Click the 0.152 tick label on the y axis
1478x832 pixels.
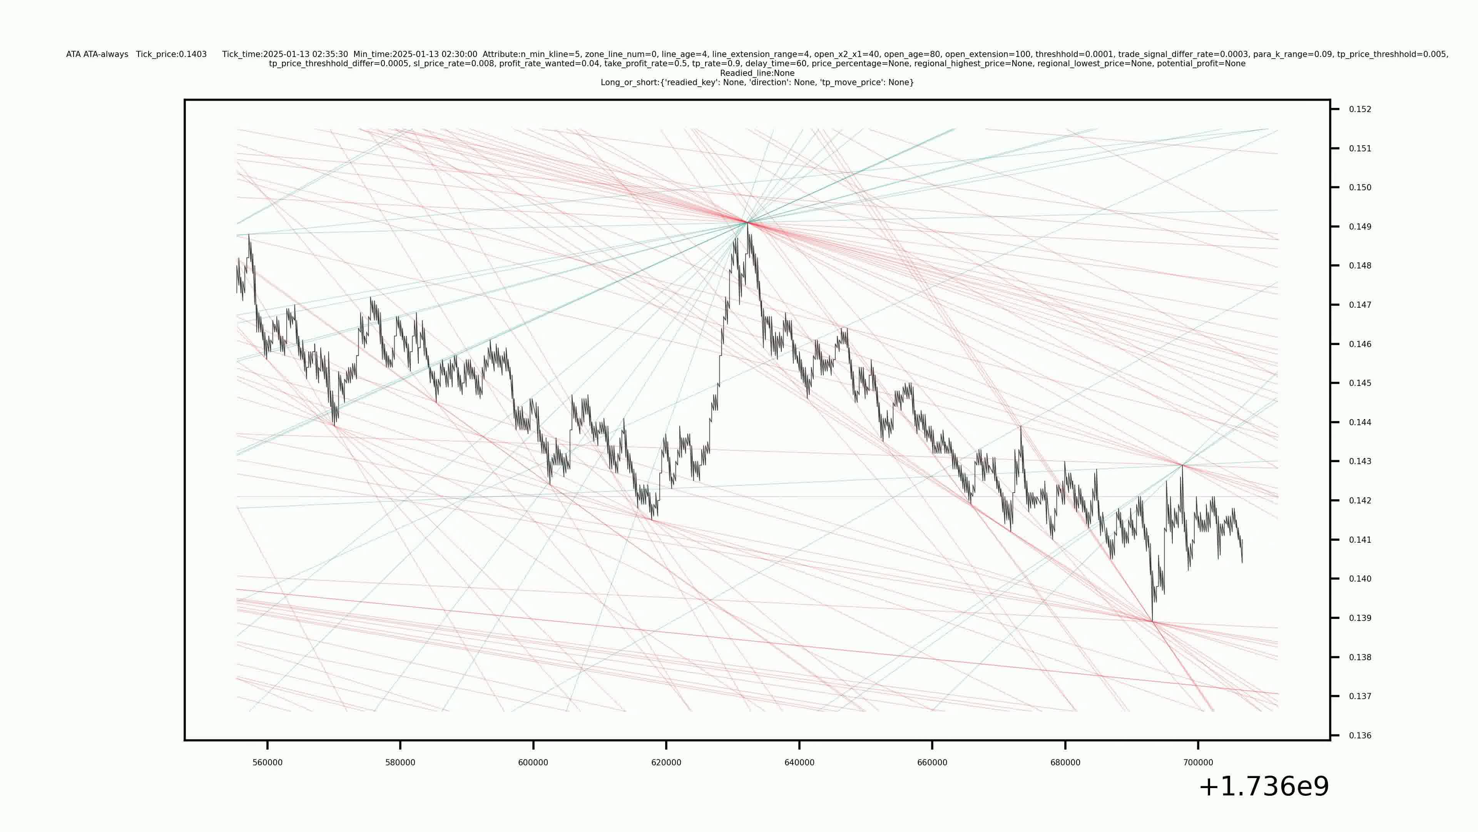1360,109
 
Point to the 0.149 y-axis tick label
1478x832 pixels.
1360,227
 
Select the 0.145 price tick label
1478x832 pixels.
1360,383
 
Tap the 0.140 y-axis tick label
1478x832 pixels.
1360,579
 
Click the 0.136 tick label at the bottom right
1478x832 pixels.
1360,736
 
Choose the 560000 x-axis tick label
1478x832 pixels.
268,763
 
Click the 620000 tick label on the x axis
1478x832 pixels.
666,763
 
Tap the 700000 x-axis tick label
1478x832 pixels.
1198,763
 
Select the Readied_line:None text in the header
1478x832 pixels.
757,73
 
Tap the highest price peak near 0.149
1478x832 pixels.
747,222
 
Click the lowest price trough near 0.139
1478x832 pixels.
1152,621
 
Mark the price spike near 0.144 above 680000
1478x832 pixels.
1021,427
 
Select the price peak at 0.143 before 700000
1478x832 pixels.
1182,465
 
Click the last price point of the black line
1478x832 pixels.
1242,562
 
